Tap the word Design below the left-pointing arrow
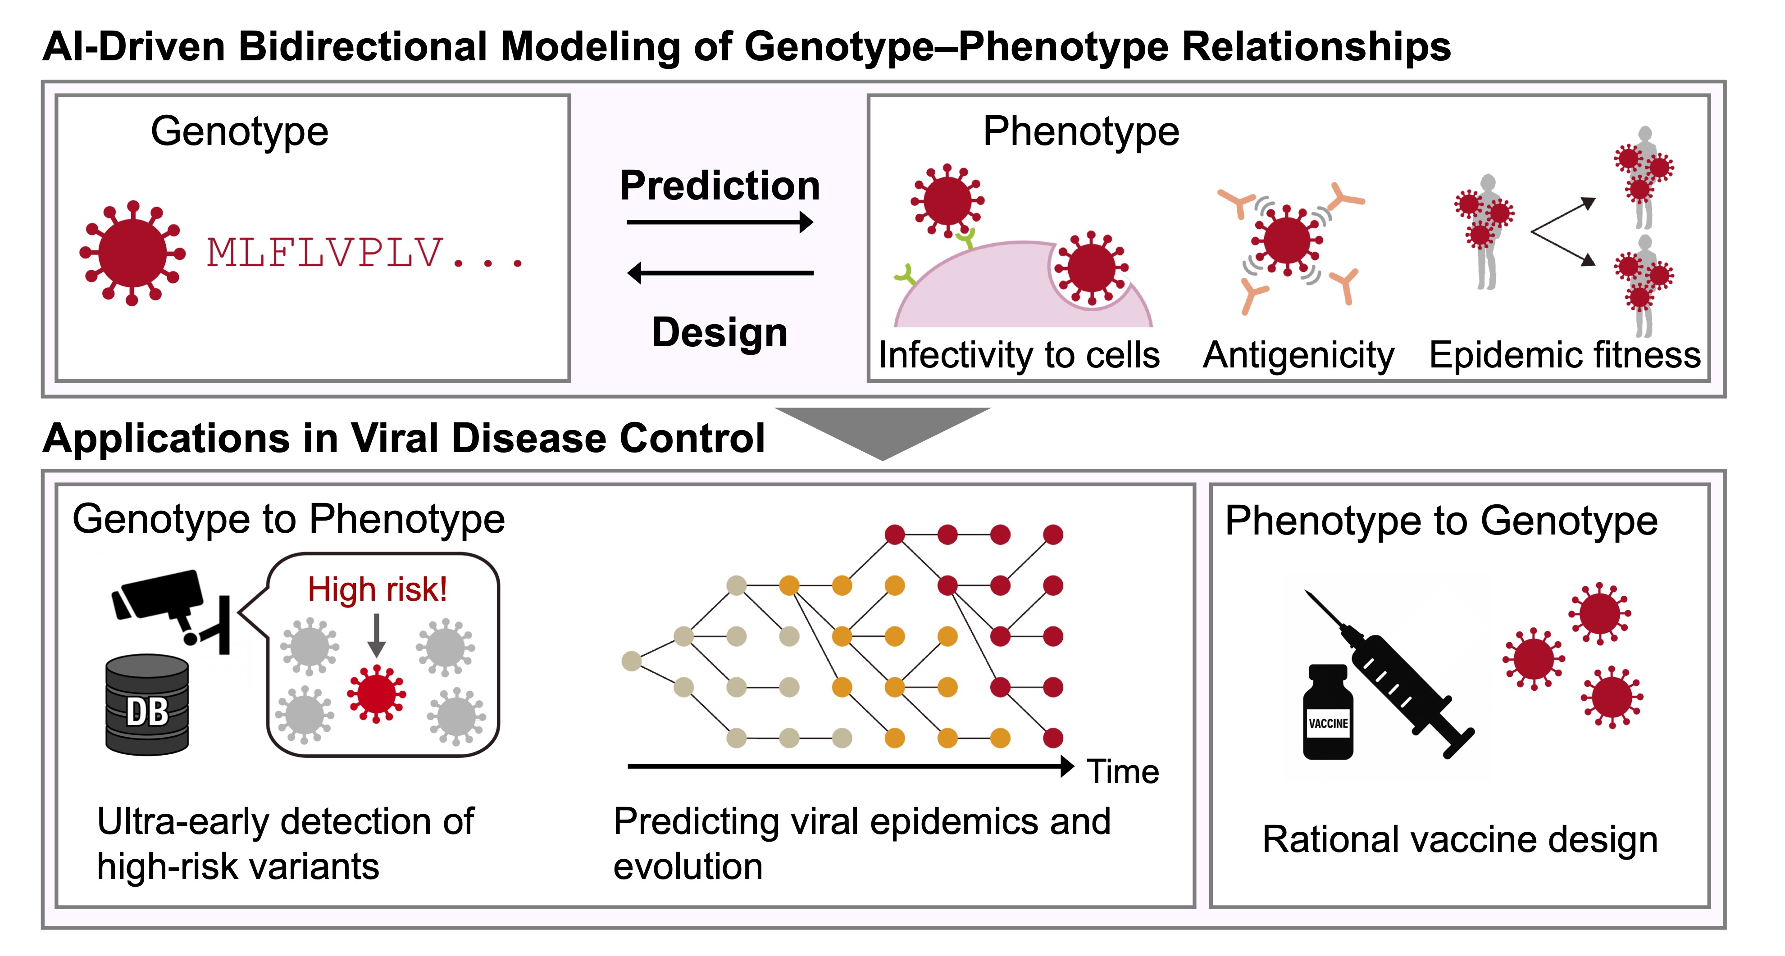pyautogui.click(x=719, y=332)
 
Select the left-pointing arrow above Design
pyautogui.click(x=719, y=273)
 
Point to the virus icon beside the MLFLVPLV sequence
pyautogui.click(x=132, y=253)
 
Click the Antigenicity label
pyautogui.click(x=1298, y=355)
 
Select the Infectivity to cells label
pyautogui.click(x=1019, y=355)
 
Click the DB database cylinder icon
pyautogui.click(x=147, y=705)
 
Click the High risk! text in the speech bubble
pyautogui.click(x=377, y=589)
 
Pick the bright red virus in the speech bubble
pyautogui.click(x=376, y=693)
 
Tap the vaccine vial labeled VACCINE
pyautogui.click(x=1328, y=714)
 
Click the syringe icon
pyautogui.click(x=1393, y=675)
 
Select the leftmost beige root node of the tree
pyautogui.click(x=631, y=661)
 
